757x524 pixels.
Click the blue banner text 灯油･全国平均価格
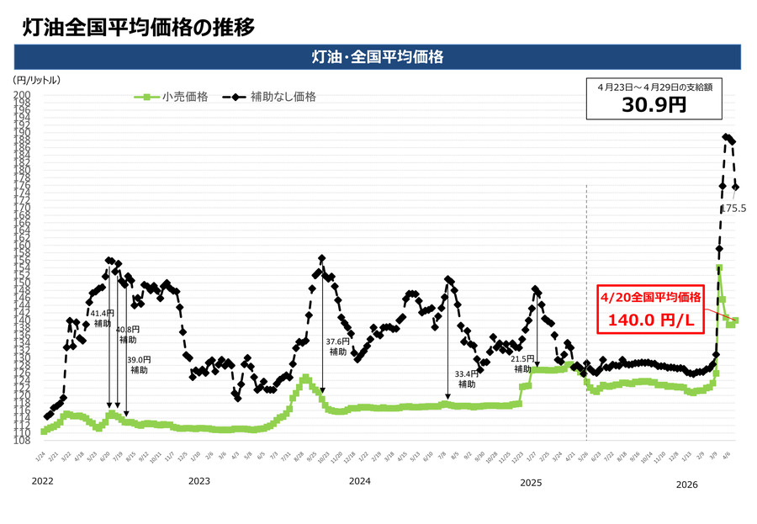pyautogui.click(x=378, y=56)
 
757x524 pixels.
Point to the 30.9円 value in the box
pyautogui.click(x=654, y=105)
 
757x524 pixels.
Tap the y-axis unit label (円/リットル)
pyautogui.click(x=37, y=80)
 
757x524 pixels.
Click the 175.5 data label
pyautogui.click(x=733, y=207)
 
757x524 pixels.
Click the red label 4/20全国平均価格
pyautogui.click(x=644, y=297)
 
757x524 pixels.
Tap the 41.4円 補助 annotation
pyautogui.click(x=102, y=318)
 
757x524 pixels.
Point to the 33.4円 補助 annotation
pyautogui.click(x=467, y=378)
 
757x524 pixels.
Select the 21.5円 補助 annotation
pyautogui.click(x=523, y=363)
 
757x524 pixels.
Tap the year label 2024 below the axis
pyautogui.click(x=359, y=483)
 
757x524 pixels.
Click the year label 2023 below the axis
pyautogui.click(x=199, y=483)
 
